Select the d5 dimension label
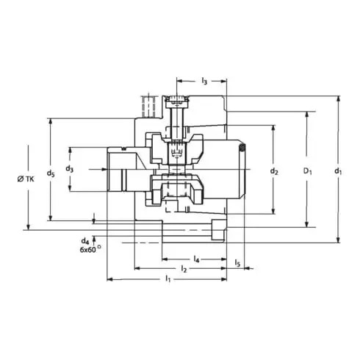[50, 173]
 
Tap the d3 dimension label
[70, 169]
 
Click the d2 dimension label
[273, 171]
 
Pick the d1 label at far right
[338, 172]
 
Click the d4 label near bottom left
[86, 240]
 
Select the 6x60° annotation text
[90, 250]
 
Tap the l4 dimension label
[197, 259]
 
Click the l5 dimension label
[238, 262]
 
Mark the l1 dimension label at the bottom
[168, 280]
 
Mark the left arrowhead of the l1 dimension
[109, 279]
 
